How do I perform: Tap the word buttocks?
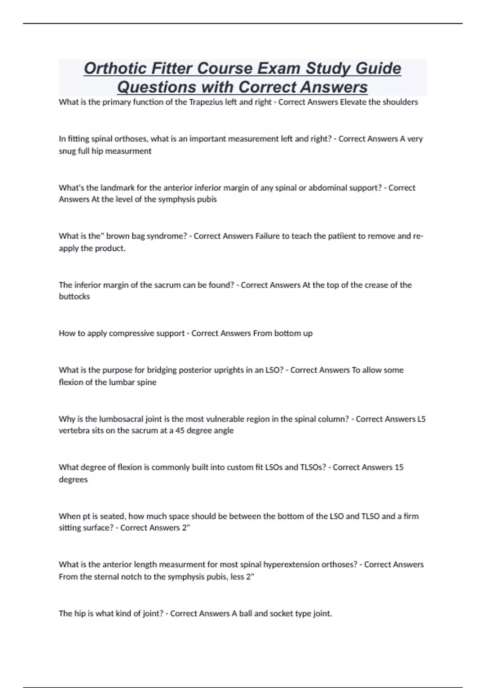(75, 297)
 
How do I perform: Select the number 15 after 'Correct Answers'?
(399, 467)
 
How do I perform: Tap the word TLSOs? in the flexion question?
(313, 467)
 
